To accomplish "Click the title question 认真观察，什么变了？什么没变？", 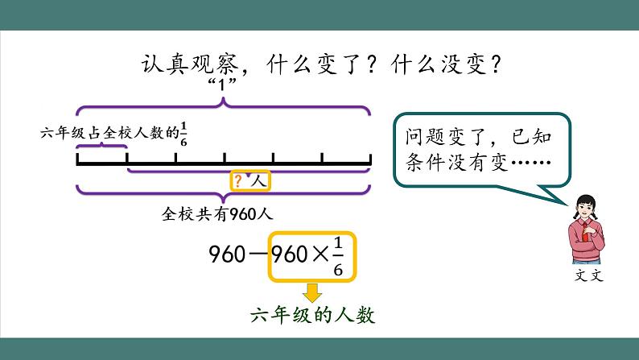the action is click(319, 64).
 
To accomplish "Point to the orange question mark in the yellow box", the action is click(238, 182).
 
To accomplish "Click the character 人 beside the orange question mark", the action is click(258, 182).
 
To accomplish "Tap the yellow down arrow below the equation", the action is click(311, 292).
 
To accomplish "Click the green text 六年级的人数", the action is click(312, 315).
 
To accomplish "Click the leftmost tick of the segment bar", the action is click(78, 159).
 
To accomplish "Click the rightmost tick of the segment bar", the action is click(370, 159).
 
